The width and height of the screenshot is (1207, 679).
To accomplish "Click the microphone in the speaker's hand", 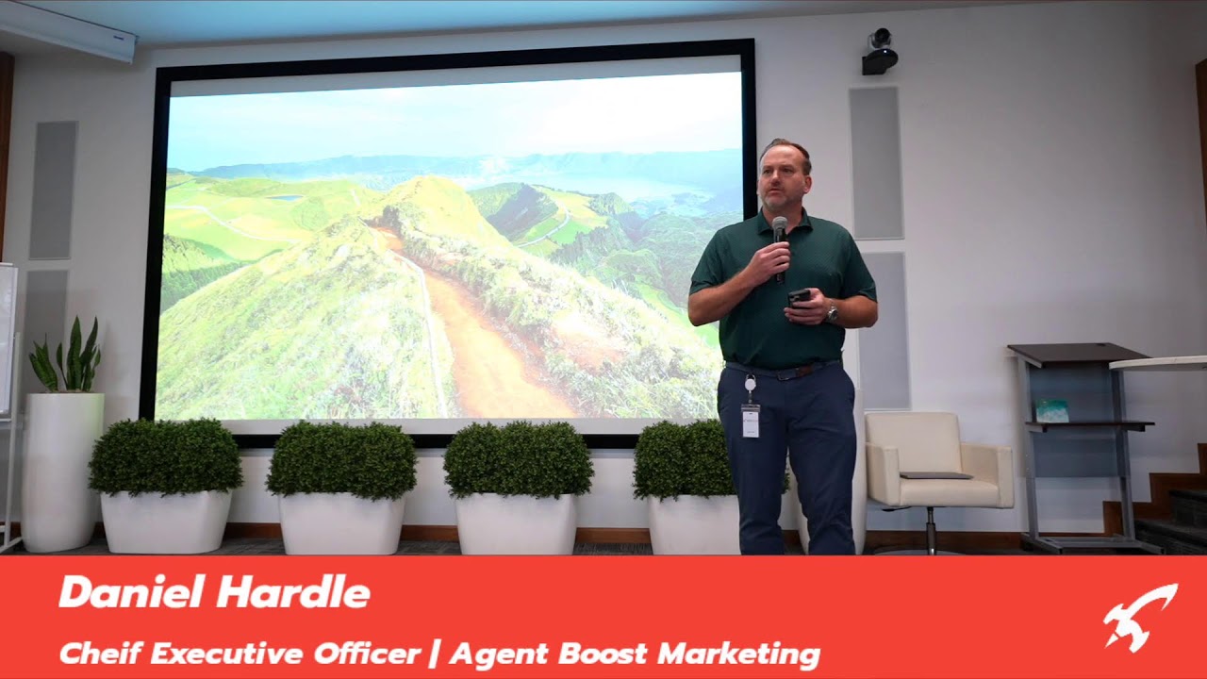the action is coord(780,248).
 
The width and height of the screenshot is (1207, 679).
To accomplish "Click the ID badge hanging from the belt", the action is coord(750,421).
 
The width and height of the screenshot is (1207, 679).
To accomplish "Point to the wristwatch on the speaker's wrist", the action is coord(833,311).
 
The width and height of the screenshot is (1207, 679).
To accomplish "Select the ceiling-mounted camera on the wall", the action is coord(879,52).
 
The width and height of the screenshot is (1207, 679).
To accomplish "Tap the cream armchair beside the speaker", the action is coord(938,463).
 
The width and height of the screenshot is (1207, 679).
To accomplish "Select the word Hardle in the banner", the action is coord(293,592).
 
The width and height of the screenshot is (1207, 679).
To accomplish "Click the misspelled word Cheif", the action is coord(100,654).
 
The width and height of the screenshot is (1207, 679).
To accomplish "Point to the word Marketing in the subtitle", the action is coord(738,654).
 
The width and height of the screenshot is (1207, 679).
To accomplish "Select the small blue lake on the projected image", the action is coord(285,198).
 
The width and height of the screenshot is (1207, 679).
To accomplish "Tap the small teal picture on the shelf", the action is coord(1051,411).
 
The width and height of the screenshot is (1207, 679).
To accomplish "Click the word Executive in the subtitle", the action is coord(228,654).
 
